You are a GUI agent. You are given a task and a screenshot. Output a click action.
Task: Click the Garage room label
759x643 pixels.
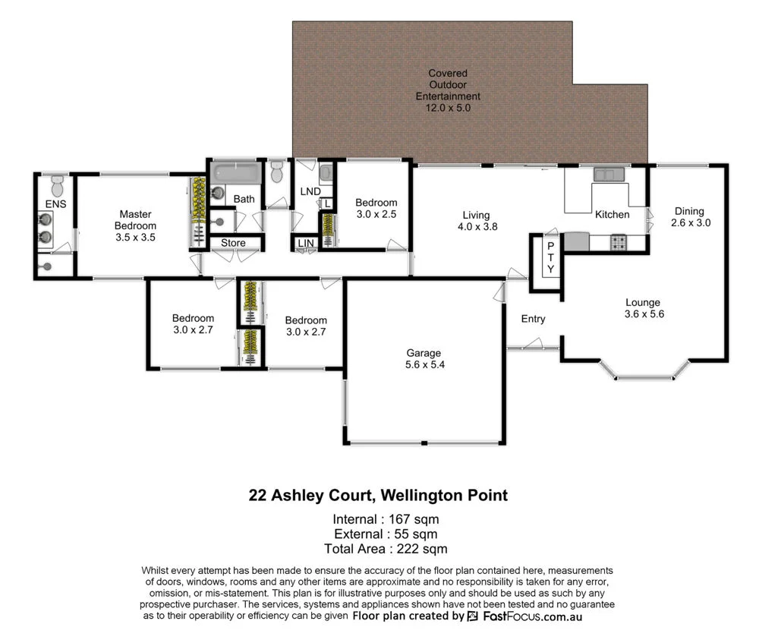(x=423, y=359)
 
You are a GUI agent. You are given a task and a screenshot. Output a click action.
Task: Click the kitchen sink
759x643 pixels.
(x=609, y=175)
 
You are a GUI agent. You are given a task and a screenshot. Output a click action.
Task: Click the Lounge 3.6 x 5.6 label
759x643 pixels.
(x=644, y=307)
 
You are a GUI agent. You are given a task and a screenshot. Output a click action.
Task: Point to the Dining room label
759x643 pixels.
(x=688, y=217)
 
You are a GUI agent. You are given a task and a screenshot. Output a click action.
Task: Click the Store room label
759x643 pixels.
(x=234, y=244)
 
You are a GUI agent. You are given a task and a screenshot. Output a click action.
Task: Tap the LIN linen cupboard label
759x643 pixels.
(x=306, y=244)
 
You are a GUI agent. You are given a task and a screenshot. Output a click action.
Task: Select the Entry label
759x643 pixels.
(x=533, y=319)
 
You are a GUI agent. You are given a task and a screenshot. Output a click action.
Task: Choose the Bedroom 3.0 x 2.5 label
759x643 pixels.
(x=376, y=208)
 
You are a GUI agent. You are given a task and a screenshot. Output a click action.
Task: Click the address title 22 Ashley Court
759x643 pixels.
(x=378, y=496)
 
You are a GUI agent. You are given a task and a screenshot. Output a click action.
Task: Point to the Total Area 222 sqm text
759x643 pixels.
(x=386, y=548)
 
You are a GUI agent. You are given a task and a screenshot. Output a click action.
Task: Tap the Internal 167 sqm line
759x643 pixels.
(x=386, y=519)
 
